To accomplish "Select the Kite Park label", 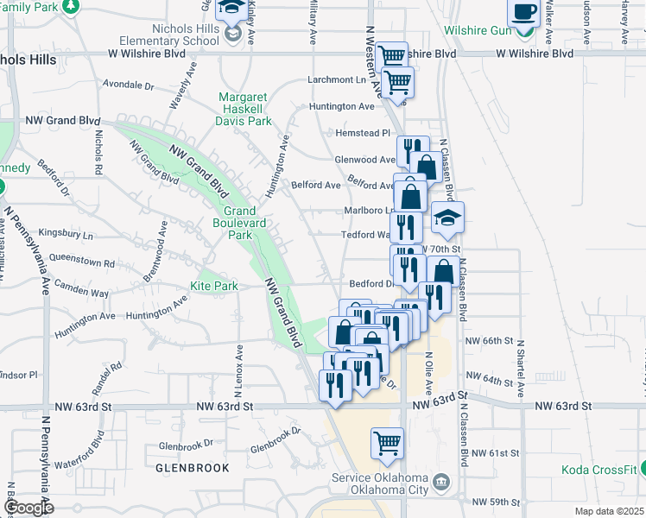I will point(213,286).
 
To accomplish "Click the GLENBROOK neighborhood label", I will point(193,467).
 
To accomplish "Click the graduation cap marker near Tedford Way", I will point(448,220).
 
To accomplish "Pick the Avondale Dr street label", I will point(127,86).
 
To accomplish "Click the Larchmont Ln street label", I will point(339,80).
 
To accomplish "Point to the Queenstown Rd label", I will point(83,263).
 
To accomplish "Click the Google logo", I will point(28,508).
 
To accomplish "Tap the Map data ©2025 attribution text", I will point(608,511).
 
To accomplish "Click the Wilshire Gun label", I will point(478,29).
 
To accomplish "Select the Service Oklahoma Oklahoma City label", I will point(381,484).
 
